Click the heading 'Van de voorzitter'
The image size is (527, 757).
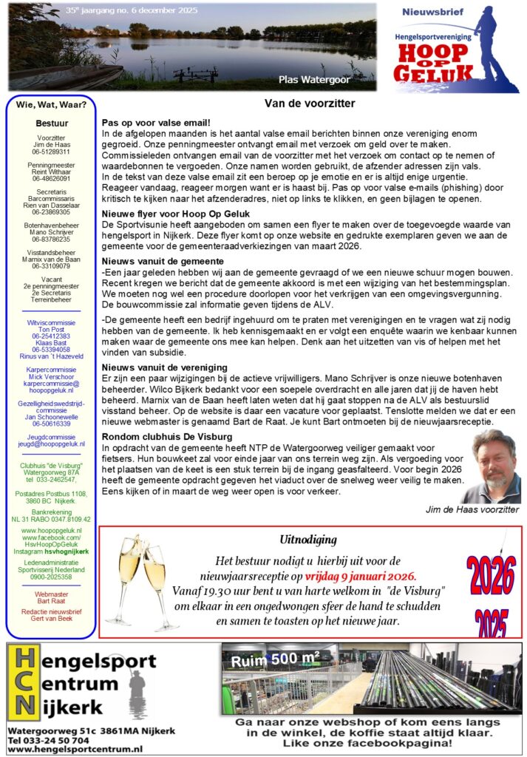(x=310, y=103)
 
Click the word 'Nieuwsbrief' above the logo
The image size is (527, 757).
(x=432, y=12)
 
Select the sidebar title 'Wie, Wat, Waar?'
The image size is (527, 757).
(x=51, y=104)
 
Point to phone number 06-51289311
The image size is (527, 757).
(x=51, y=152)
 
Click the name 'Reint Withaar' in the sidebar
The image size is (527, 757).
(x=51, y=172)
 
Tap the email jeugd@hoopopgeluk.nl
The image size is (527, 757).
(x=51, y=444)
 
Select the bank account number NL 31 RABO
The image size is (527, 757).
(x=51, y=519)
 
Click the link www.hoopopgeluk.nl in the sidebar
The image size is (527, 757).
(x=51, y=531)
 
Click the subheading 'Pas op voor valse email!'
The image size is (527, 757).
(x=156, y=122)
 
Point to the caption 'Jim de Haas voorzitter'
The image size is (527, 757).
(x=472, y=509)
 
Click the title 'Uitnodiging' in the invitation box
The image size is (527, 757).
(x=308, y=540)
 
